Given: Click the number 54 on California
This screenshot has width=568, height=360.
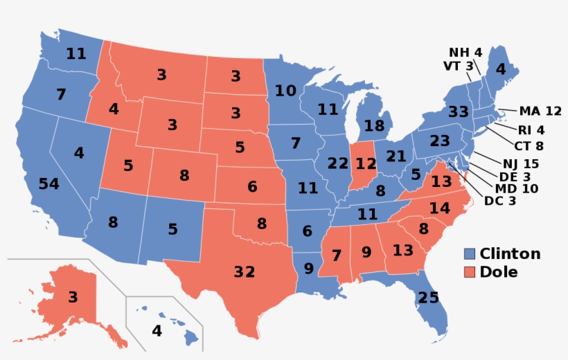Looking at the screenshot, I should (48, 183).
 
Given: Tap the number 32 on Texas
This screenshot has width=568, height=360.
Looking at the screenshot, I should (244, 272).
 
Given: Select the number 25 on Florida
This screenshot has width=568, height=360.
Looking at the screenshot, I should (428, 298).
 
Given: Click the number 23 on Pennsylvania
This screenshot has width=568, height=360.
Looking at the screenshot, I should (439, 141).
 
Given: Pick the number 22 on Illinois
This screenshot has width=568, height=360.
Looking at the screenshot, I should (337, 164).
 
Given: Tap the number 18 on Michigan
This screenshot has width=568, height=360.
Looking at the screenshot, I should (373, 126).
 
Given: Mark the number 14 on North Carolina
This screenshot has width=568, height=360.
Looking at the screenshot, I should (439, 208).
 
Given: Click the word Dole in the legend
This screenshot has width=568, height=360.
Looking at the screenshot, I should (499, 272).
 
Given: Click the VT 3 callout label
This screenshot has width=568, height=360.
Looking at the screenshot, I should (458, 66).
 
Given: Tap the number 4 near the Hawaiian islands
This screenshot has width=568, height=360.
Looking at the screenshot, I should (157, 331).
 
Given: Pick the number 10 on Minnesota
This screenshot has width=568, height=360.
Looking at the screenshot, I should (285, 91).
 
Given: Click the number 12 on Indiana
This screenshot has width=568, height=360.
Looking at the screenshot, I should (365, 164).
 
